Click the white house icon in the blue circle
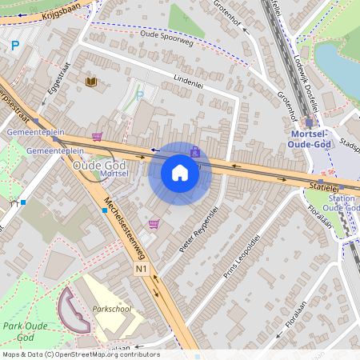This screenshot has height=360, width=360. point(180,173)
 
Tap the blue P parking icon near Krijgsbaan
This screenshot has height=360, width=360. point(14,46)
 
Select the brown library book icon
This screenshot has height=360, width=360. point(91,82)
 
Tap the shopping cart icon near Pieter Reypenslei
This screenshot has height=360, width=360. point(154,224)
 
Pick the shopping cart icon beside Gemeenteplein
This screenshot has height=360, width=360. point(98,137)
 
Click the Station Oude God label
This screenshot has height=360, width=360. point(342,203)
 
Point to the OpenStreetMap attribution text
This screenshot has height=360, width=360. point(81,354)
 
